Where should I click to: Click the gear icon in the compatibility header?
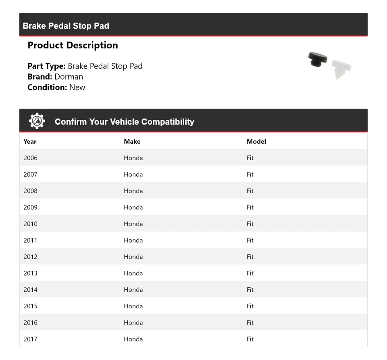(37, 121)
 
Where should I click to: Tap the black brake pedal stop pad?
(317, 59)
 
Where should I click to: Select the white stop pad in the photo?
(341, 69)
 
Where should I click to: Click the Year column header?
(30, 142)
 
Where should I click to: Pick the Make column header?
(132, 142)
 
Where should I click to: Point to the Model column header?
(256, 142)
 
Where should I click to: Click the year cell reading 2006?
(30, 158)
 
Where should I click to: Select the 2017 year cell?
(30, 339)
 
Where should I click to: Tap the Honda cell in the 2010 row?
(133, 224)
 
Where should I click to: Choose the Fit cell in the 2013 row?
(250, 273)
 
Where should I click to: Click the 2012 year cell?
(30, 257)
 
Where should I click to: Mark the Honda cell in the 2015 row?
(133, 306)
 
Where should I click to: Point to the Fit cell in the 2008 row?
(250, 191)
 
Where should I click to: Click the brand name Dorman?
(69, 77)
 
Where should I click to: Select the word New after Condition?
(77, 87)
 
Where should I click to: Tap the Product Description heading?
(73, 45)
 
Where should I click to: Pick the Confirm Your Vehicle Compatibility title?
(124, 122)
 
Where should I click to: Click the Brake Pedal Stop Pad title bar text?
(66, 26)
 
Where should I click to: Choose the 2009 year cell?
(30, 207)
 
